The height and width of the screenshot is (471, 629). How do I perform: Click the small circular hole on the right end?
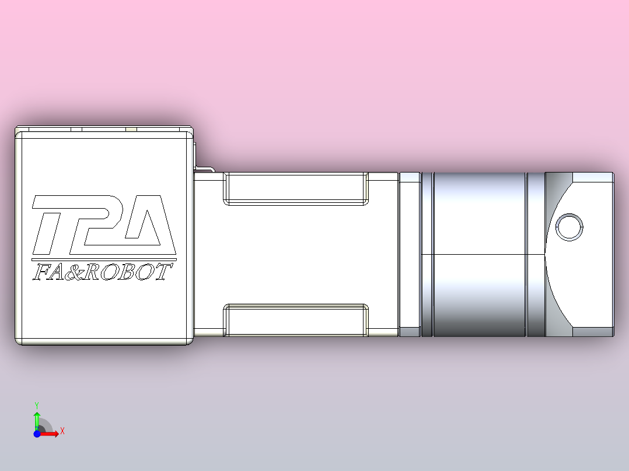(x=569, y=227)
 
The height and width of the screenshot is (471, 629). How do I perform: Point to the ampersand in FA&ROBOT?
(x=71, y=272)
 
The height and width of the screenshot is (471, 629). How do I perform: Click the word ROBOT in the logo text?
(x=125, y=272)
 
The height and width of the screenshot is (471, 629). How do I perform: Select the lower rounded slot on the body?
(x=296, y=320)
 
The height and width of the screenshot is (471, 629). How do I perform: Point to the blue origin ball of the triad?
(x=37, y=434)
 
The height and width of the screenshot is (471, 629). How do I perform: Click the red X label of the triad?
(x=62, y=431)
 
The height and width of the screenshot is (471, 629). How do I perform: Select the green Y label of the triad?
(x=37, y=404)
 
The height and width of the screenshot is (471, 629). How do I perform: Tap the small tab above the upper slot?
(x=204, y=170)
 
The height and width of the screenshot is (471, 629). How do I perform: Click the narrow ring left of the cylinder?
(x=427, y=254)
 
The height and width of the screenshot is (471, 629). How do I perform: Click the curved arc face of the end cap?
(x=554, y=256)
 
